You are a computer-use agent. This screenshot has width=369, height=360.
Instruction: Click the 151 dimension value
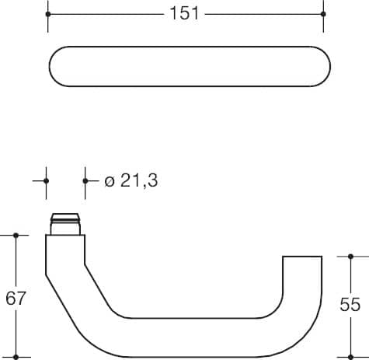184,13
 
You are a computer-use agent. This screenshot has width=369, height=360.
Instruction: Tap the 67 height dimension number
16,298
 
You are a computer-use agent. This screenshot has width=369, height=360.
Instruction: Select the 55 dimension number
350,304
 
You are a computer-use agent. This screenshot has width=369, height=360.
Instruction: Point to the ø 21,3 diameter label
131,180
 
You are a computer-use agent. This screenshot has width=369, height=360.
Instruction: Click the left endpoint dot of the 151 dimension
48,14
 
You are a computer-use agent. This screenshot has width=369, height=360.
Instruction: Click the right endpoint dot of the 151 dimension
323,14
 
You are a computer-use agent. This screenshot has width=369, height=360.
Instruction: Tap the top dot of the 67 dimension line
16,236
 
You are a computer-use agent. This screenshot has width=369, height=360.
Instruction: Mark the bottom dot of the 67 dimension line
16,357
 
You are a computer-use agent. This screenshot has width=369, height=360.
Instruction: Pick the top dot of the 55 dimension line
350,257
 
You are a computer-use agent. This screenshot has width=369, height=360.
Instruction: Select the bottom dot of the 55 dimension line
350,357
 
